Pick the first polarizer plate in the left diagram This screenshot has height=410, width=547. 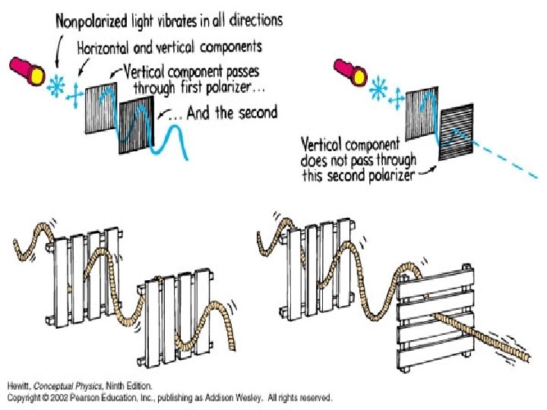(99, 106)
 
